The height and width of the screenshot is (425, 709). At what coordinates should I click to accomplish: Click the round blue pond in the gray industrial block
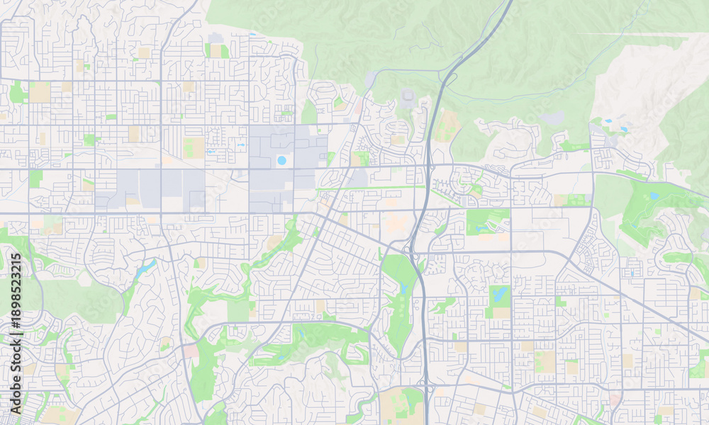(281, 161)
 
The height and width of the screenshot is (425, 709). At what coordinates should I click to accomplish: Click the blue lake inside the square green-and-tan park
(501, 293)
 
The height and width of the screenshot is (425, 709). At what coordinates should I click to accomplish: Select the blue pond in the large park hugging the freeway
(403, 289)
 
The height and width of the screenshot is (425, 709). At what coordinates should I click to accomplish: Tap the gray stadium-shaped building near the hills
(408, 96)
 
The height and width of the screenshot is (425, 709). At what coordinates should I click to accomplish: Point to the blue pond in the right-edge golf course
(654, 196)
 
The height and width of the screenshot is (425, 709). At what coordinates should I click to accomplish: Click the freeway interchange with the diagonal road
(411, 249)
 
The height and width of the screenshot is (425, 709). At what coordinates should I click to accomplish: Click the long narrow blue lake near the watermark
(147, 267)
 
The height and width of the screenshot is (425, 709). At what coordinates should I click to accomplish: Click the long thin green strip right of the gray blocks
(369, 188)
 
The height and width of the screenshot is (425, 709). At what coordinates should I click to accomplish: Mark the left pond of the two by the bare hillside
(608, 121)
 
